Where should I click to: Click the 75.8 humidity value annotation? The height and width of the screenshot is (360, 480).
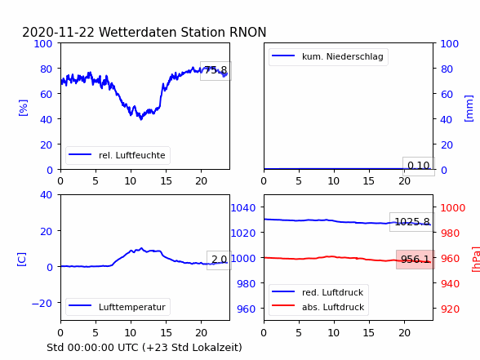tap(216, 71)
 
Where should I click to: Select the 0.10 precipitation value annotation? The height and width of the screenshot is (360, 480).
tap(419, 166)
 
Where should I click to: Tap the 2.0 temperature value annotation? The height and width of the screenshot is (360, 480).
tap(219, 260)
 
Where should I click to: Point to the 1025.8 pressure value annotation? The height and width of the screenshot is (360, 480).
tap(412, 222)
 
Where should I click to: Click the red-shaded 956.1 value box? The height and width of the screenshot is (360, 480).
tap(416, 260)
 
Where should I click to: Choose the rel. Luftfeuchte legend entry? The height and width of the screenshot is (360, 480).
tap(118, 155)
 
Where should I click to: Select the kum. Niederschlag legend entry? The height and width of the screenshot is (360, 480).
tap(328, 56)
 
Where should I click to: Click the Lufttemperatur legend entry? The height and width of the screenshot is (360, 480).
tap(118, 307)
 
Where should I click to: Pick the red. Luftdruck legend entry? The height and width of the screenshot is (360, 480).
tap(318, 292)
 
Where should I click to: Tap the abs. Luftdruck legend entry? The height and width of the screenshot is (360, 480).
tap(318, 307)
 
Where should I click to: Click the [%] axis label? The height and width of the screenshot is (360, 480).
tap(23, 108)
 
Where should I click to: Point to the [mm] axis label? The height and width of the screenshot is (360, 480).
tap(469, 109)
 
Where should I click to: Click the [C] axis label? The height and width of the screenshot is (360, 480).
tap(22, 260)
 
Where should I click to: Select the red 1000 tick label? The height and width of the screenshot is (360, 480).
tap(453, 208)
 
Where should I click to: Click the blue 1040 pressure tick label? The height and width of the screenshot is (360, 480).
tap(243, 208)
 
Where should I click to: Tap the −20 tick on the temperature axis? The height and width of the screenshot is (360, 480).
tap(42, 303)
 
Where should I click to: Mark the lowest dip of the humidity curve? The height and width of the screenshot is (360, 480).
tap(141, 119)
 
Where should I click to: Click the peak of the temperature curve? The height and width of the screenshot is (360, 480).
tap(141, 248)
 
